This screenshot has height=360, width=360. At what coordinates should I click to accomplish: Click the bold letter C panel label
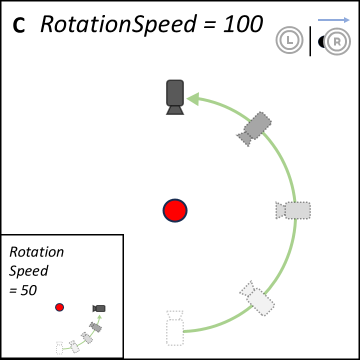coord(18,26)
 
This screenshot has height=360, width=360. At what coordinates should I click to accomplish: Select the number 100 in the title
coord(243,24)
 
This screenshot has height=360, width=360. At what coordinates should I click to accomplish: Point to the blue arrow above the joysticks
coord(333,20)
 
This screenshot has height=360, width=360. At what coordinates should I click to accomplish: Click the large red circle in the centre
coord(175,210)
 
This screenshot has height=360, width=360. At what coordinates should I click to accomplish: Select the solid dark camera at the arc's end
coord(175,96)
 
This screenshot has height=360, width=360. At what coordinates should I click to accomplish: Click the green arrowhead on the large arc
coord(194,99)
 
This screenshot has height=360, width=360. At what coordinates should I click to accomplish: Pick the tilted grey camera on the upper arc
coord(255,127)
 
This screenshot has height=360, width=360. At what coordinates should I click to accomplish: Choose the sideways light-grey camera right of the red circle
coord(293,210)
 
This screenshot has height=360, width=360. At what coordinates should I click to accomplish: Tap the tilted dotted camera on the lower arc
coord(257,298)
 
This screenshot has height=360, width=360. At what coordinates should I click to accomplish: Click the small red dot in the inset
coord(59,307)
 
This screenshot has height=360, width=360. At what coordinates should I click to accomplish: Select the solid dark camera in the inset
coord(99,308)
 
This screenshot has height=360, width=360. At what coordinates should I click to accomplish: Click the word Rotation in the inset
coord(36,251)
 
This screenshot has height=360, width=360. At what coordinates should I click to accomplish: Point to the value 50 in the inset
coord(28,290)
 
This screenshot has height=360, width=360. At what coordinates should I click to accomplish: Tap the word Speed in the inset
coord(29,271)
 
